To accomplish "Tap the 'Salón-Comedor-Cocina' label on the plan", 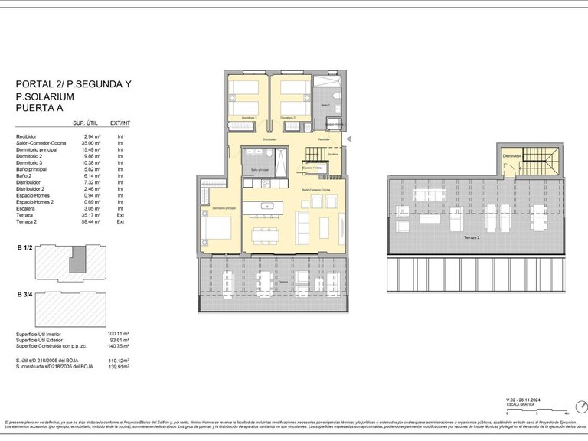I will pos(315,189).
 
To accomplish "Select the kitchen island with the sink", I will pos(269,205).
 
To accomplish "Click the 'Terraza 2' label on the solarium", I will pos(472,239).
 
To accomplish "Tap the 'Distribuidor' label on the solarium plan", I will pos(511,155).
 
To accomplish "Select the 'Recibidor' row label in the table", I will pos(26,136).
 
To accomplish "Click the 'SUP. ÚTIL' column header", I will pos(83,123).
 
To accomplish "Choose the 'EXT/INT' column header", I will pos(120,123).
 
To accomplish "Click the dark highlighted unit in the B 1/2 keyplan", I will pos(77,260).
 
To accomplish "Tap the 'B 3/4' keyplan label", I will pos(27,295).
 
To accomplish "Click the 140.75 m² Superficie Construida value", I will pos(118,345).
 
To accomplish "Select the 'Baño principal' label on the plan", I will pos(259,170).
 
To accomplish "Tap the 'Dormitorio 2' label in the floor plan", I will pos(288,118).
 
